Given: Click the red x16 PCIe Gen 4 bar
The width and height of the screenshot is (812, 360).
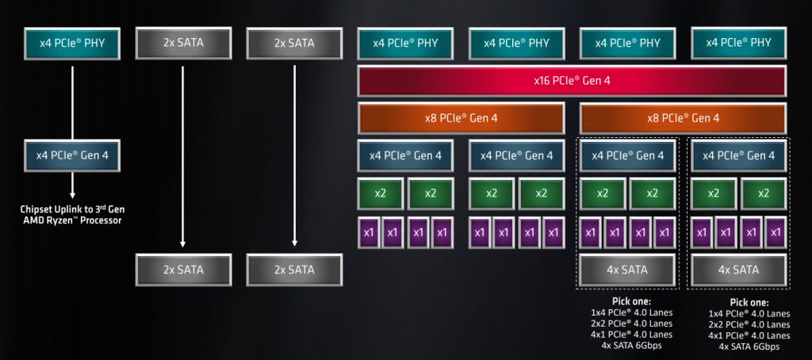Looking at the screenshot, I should [x=572, y=81].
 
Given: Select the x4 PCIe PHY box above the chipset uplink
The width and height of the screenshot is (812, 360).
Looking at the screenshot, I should [x=72, y=43].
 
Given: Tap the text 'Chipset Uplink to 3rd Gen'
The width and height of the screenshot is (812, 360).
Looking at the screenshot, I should [x=72, y=209].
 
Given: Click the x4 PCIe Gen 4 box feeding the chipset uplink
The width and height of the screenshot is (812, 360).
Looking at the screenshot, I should [x=72, y=155].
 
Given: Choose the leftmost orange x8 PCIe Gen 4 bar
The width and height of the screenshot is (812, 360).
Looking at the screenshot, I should [x=461, y=118].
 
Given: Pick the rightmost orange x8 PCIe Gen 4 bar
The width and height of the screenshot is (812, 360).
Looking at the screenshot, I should [x=683, y=118].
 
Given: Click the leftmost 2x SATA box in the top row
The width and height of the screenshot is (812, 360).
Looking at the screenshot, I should [x=183, y=43].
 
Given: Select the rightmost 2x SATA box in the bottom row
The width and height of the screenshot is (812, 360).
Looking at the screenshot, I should [x=294, y=270].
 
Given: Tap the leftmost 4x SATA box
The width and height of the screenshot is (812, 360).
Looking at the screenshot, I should [x=627, y=270].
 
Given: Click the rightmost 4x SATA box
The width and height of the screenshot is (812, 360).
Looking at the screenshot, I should [x=738, y=270].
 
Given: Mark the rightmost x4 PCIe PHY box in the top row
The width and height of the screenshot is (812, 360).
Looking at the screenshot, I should [x=738, y=43].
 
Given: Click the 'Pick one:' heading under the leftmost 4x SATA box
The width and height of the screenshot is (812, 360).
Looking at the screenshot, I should [x=631, y=302].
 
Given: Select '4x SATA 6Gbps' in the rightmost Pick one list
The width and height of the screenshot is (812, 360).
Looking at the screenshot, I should [x=749, y=347].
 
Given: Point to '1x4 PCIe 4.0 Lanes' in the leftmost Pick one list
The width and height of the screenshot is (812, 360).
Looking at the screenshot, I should [x=631, y=312].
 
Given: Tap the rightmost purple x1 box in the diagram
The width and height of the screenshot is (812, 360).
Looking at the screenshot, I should [x=775, y=232].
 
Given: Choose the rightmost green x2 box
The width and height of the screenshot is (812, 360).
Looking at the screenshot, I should [x=764, y=193].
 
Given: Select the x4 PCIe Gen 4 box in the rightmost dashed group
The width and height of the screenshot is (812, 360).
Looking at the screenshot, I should [x=738, y=155].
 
